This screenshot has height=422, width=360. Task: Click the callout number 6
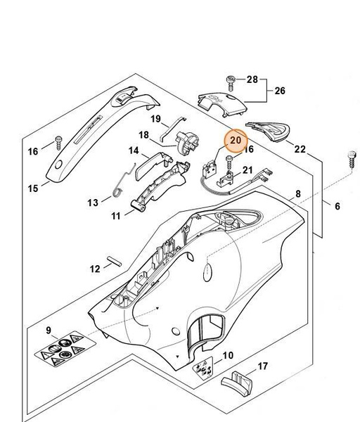coord(337,206)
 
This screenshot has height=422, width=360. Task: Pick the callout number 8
coord(297,193)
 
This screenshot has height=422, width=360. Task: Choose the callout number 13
coord(94,203)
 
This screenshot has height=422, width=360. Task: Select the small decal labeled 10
coord(205,366)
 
